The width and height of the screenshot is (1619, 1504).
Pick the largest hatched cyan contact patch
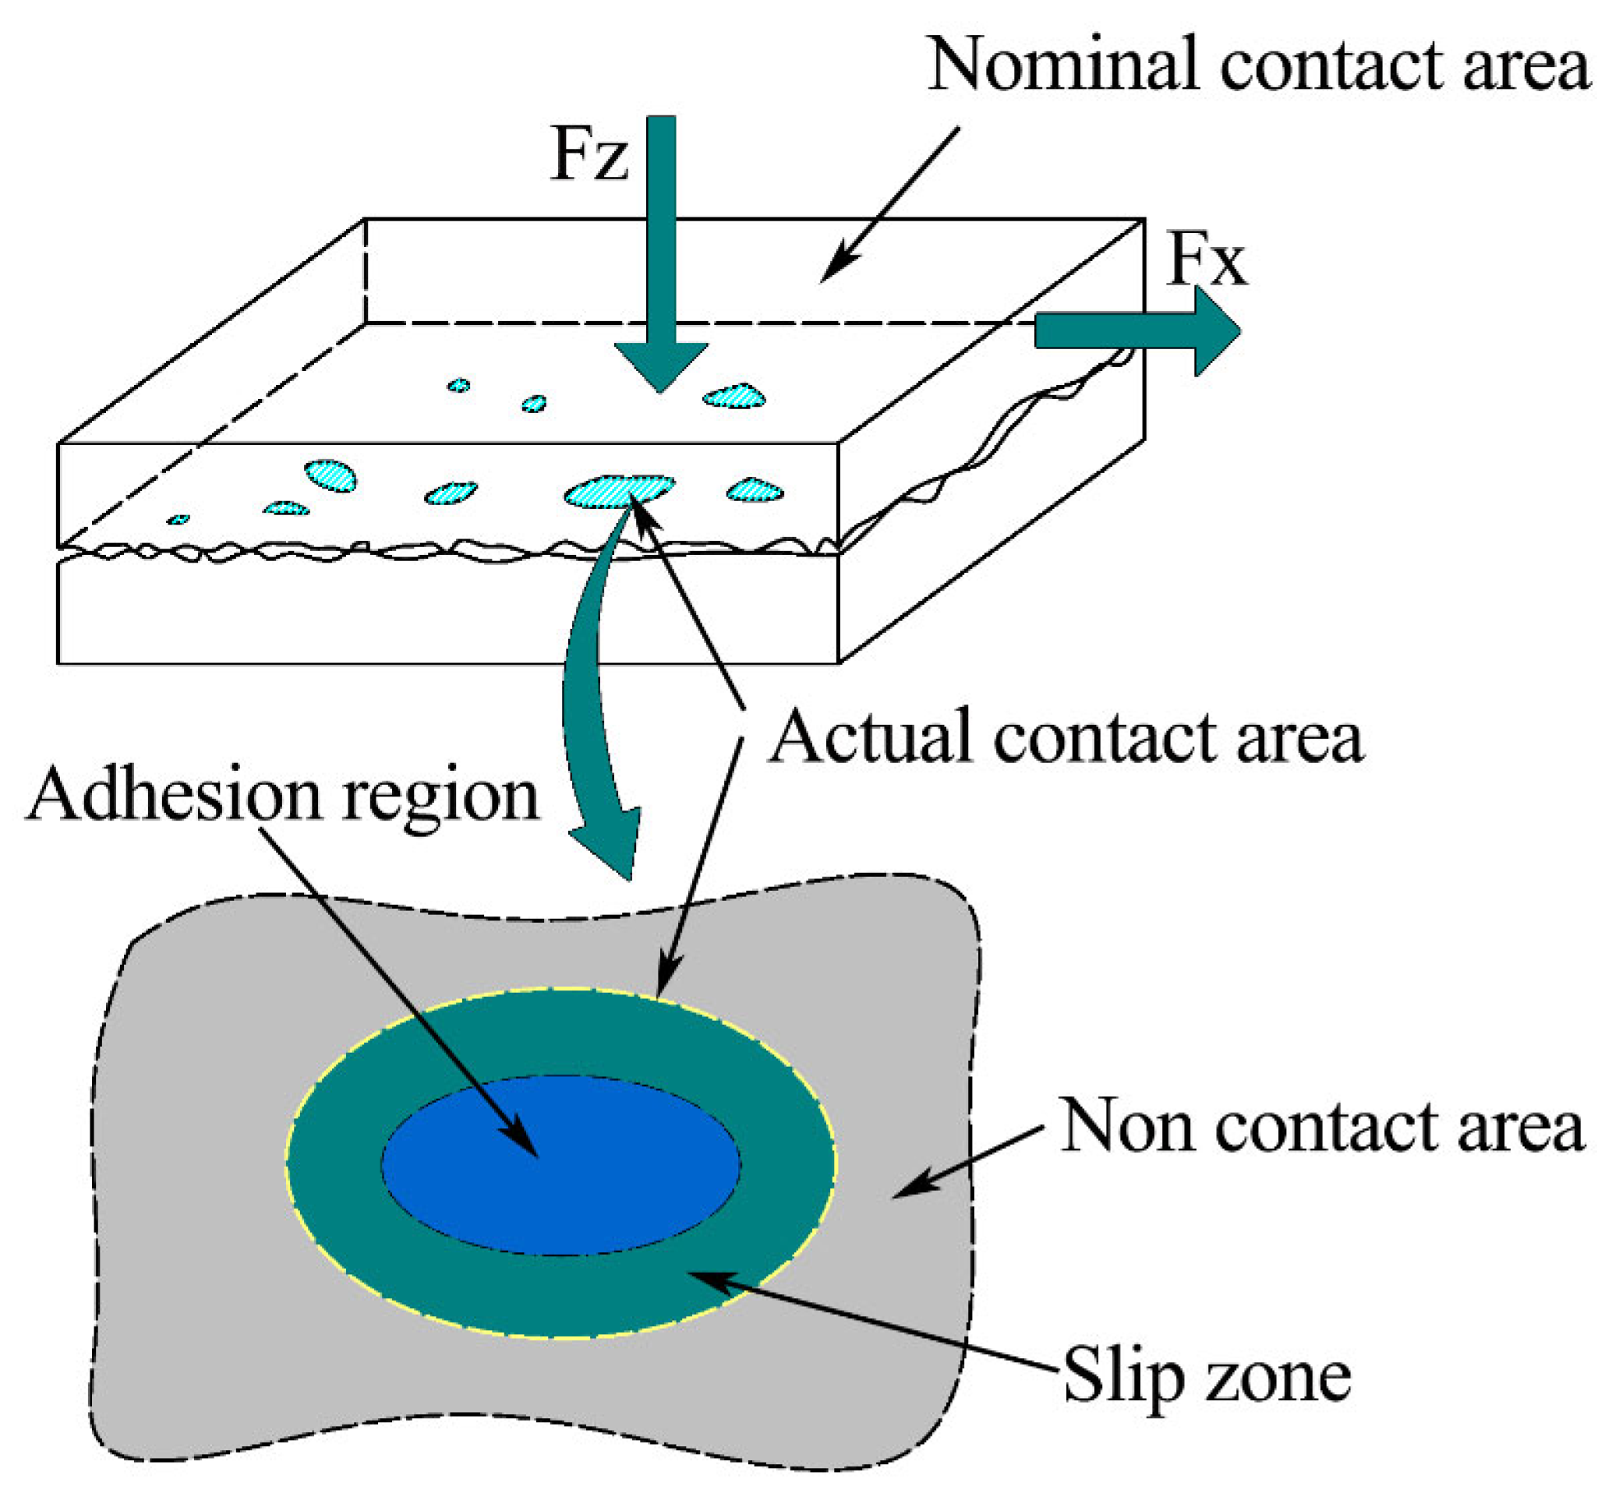click(619, 491)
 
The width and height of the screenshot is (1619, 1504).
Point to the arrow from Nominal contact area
click(891, 203)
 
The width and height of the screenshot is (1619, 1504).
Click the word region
click(440, 797)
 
